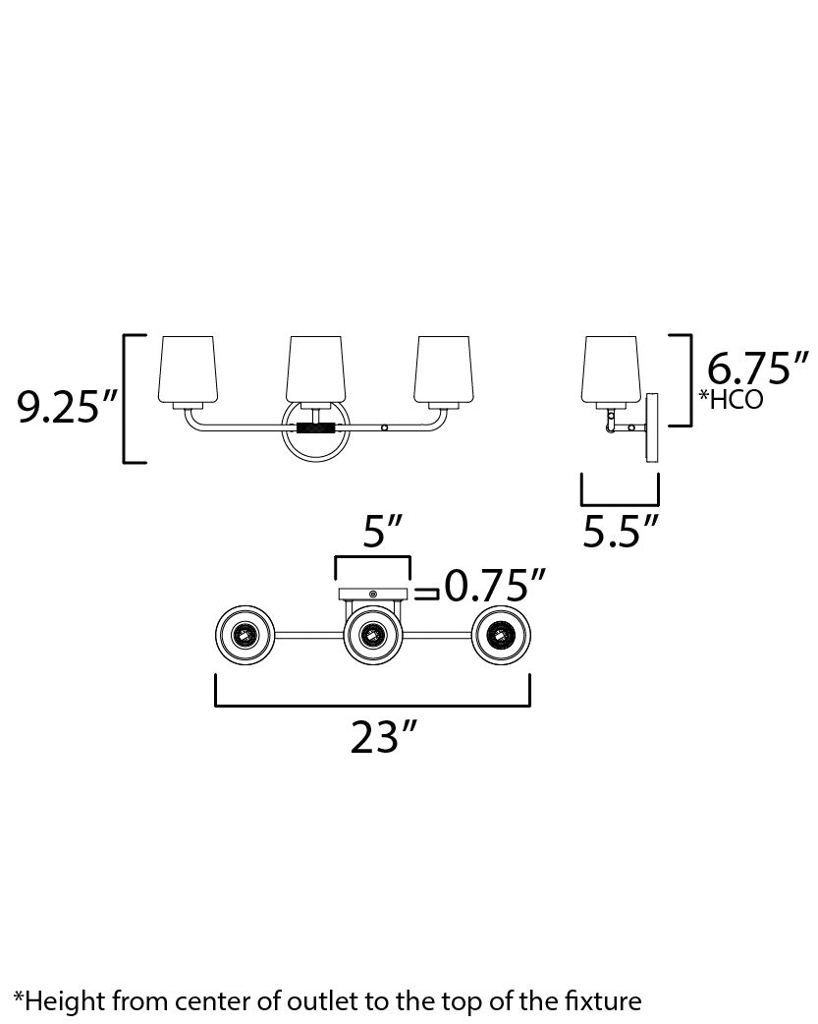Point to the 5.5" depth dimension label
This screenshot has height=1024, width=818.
[620, 531]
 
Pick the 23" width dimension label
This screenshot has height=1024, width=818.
[378, 736]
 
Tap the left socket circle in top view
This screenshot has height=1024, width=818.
[243, 639]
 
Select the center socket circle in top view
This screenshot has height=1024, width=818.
[372, 639]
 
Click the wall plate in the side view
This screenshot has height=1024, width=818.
[651, 428]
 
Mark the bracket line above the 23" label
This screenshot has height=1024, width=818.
[372, 704]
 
